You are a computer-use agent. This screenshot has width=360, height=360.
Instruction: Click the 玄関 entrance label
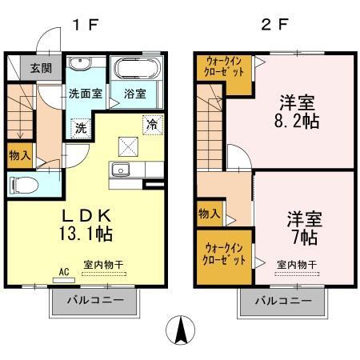[x=41, y=68]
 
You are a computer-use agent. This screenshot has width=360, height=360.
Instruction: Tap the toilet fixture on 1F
[x=24, y=185]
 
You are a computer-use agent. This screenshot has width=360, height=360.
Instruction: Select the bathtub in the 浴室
[x=137, y=68]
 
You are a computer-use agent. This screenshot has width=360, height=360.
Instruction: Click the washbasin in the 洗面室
[x=80, y=63]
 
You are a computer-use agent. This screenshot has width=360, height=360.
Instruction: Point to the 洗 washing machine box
[x=81, y=128]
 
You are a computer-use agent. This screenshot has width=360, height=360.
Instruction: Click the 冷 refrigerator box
[x=153, y=125]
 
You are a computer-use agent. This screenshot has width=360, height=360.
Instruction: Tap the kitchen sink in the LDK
[x=121, y=170]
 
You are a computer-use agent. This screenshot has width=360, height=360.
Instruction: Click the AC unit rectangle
[x=64, y=280]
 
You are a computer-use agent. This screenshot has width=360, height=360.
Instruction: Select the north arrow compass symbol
[x=181, y=330]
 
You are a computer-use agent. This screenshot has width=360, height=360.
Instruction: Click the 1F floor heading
[x=86, y=25]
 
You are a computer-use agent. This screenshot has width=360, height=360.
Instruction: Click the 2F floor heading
[x=275, y=25]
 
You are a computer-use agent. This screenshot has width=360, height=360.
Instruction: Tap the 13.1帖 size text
[x=86, y=234]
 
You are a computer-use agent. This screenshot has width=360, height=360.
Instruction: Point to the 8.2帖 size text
[x=297, y=121]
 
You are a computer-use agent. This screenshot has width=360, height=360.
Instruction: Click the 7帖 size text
[x=305, y=238]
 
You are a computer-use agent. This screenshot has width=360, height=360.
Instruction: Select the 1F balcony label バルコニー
[x=96, y=300]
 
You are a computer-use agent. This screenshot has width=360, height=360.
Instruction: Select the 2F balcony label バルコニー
[x=283, y=301]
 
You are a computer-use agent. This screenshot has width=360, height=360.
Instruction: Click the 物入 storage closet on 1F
[x=20, y=156]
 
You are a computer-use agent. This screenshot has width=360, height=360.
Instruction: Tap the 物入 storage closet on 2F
[x=210, y=214]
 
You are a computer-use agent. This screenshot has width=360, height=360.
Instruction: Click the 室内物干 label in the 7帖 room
[x=297, y=265]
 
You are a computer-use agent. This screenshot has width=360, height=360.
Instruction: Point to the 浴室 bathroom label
[x=135, y=94]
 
